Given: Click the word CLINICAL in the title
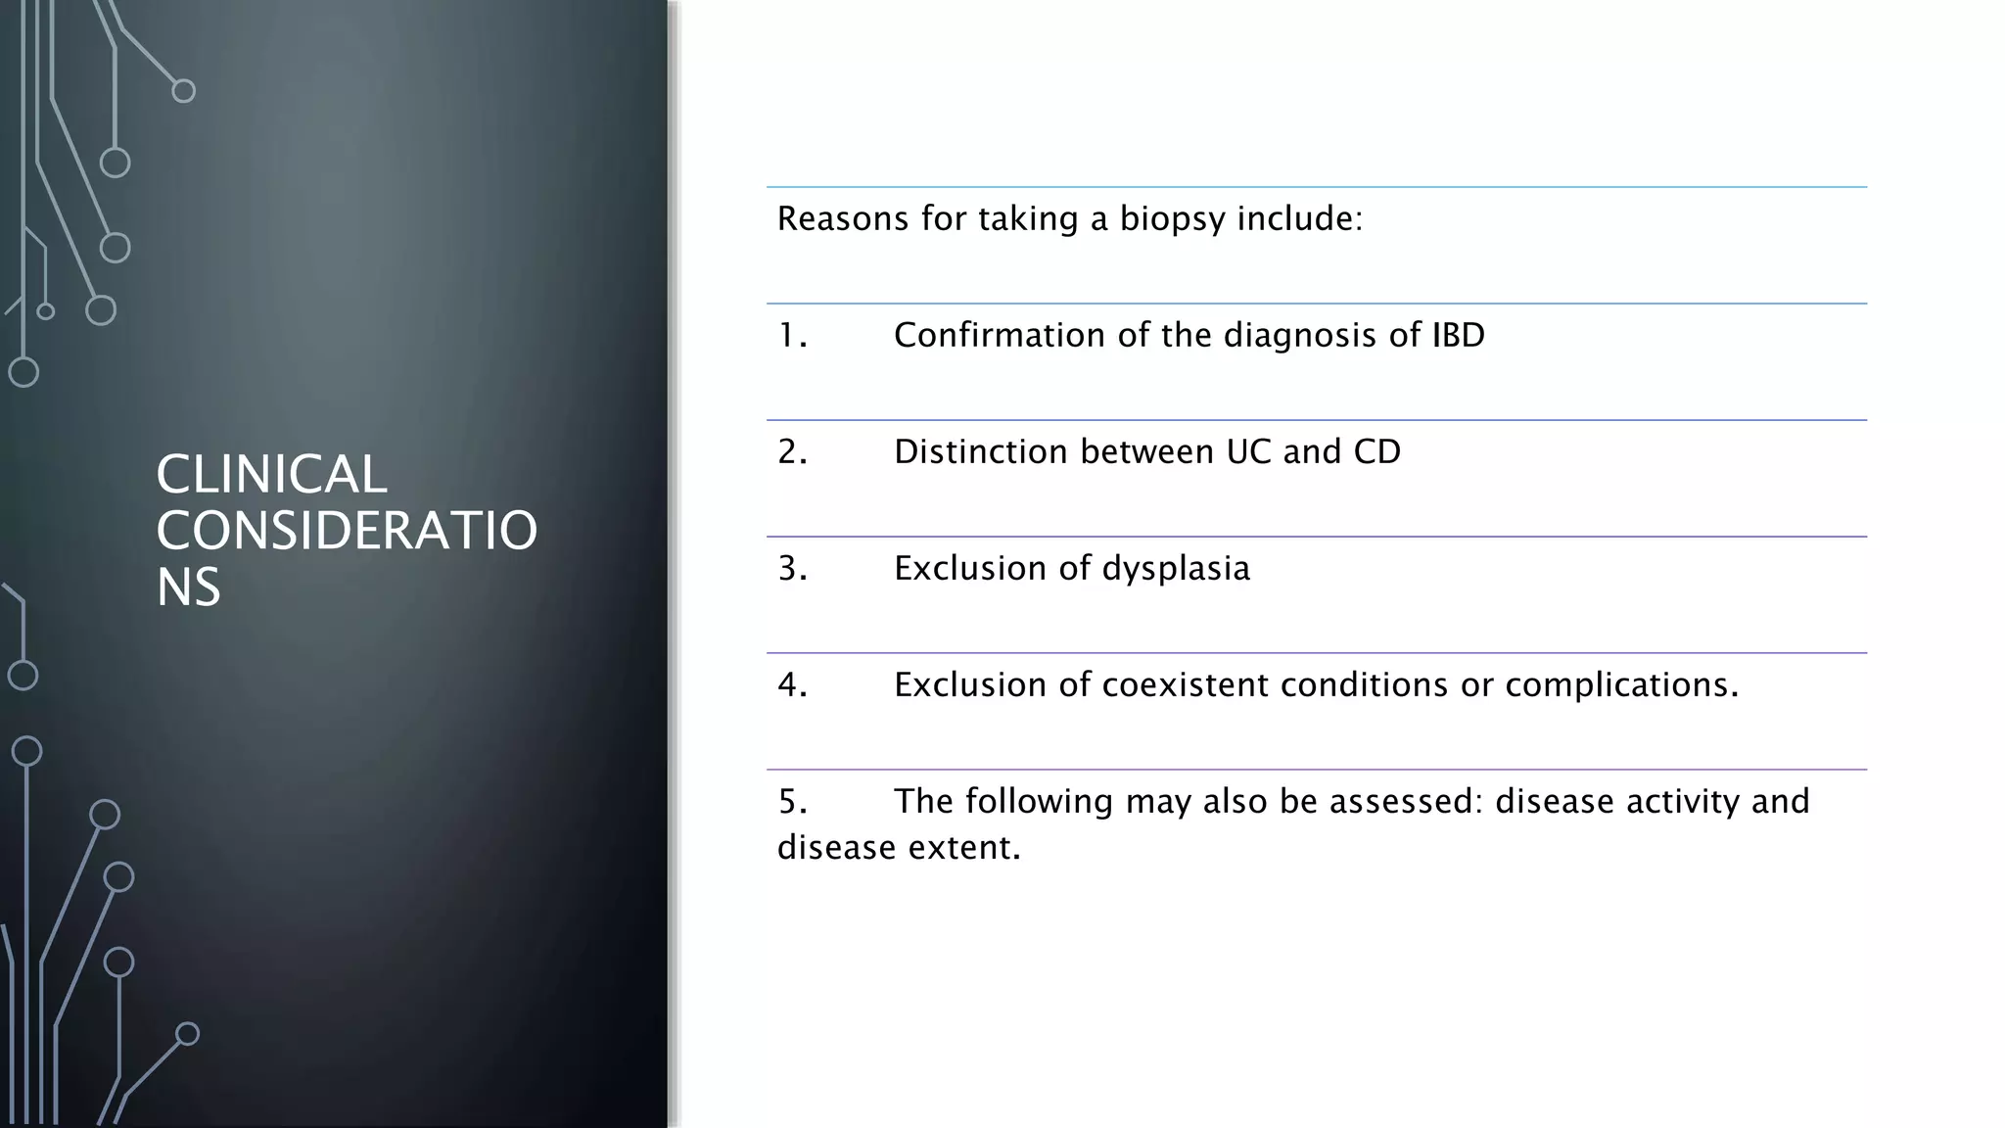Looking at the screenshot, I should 271,475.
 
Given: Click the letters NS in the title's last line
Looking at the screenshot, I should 188,587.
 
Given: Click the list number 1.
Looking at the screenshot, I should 791,336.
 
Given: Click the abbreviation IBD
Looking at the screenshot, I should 1458,336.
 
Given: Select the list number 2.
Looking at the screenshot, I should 791,452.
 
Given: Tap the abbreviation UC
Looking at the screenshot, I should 1248,452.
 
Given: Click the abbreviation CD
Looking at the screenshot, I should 1376,452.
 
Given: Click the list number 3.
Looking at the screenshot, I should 791,569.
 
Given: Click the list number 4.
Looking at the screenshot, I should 791,685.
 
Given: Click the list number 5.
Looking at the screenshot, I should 791,802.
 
